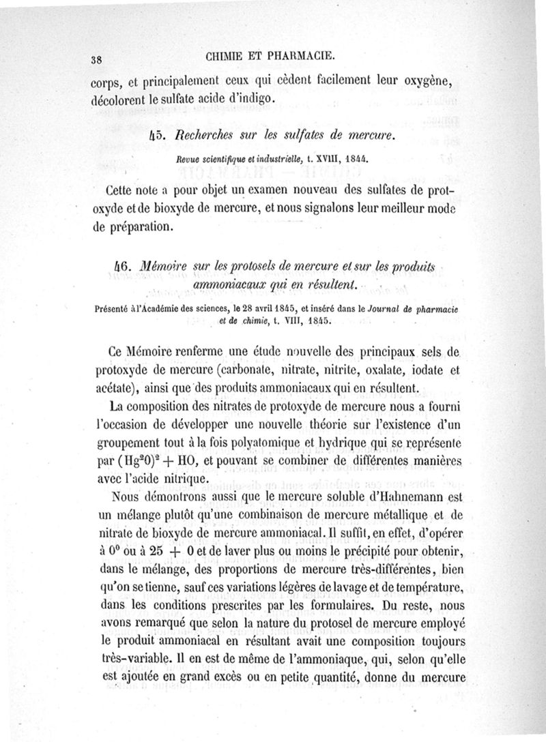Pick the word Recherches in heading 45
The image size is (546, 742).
[x=202, y=137]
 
